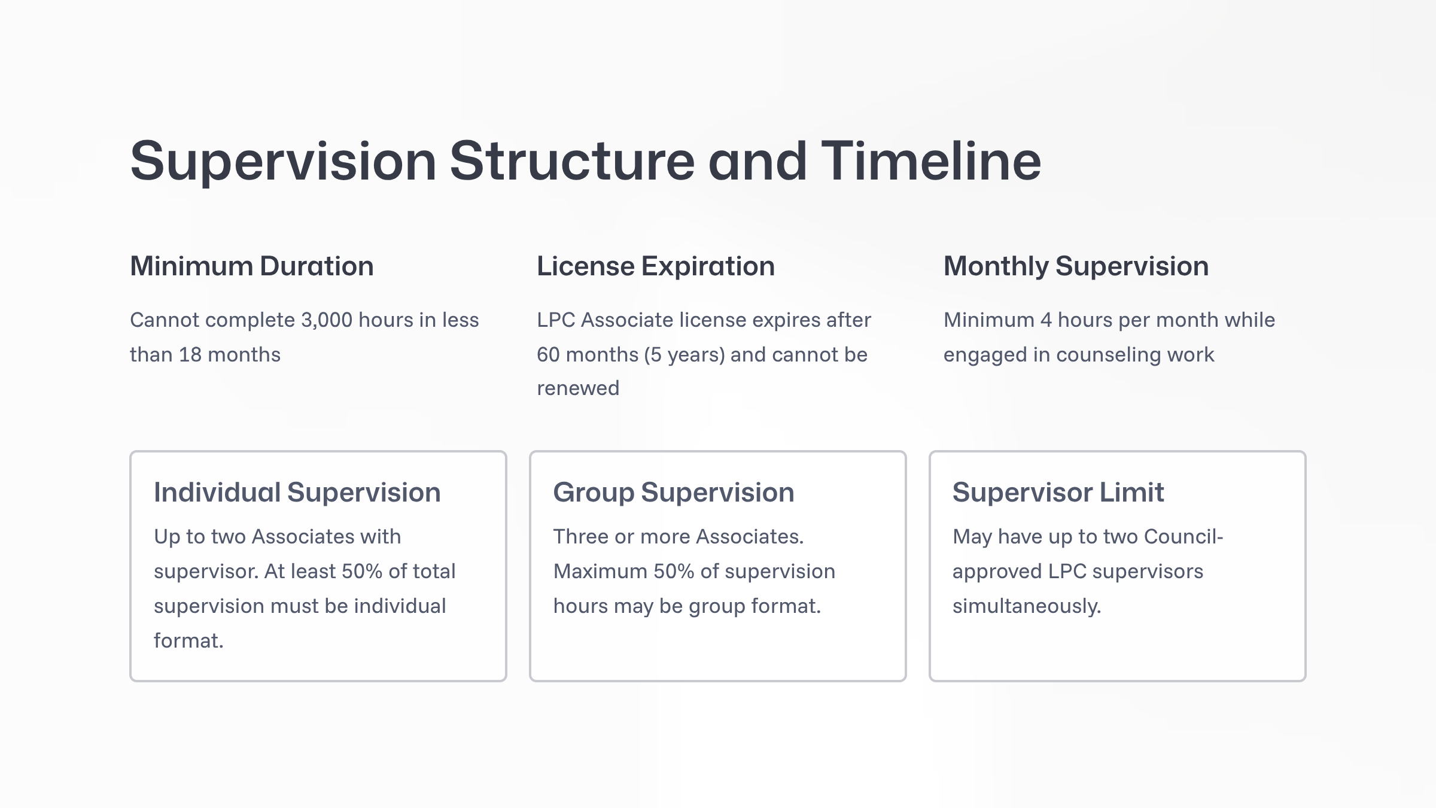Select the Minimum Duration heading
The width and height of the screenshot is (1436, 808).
pyautogui.click(x=252, y=266)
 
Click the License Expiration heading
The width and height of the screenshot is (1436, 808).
pyautogui.click(x=656, y=266)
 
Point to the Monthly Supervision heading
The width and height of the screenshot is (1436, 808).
pyautogui.click(x=1076, y=266)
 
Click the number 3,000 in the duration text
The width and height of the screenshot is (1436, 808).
pyautogui.click(x=327, y=320)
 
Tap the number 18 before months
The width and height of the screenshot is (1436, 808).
pyautogui.click(x=190, y=355)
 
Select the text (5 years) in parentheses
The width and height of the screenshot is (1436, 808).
pyautogui.click(x=684, y=355)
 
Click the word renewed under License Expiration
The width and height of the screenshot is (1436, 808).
pyautogui.click(x=578, y=388)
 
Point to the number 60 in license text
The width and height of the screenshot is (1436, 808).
pyautogui.click(x=548, y=355)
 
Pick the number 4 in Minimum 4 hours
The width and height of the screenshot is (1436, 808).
pyautogui.click(x=1046, y=320)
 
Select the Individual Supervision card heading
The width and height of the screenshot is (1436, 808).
pyautogui.click(x=297, y=493)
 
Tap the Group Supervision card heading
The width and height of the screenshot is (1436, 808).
pyautogui.click(x=674, y=493)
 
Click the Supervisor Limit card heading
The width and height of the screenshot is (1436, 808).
pyautogui.click(x=1058, y=493)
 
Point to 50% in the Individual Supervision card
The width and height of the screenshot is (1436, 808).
pyautogui.click(x=361, y=572)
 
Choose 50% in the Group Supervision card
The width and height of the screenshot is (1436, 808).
pyautogui.click(x=674, y=572)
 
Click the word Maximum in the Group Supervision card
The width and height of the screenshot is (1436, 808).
pyautogui.click(x=600, y=572)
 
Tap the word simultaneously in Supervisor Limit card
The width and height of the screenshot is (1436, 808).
pyautogui.click(x=1027, y=606)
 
